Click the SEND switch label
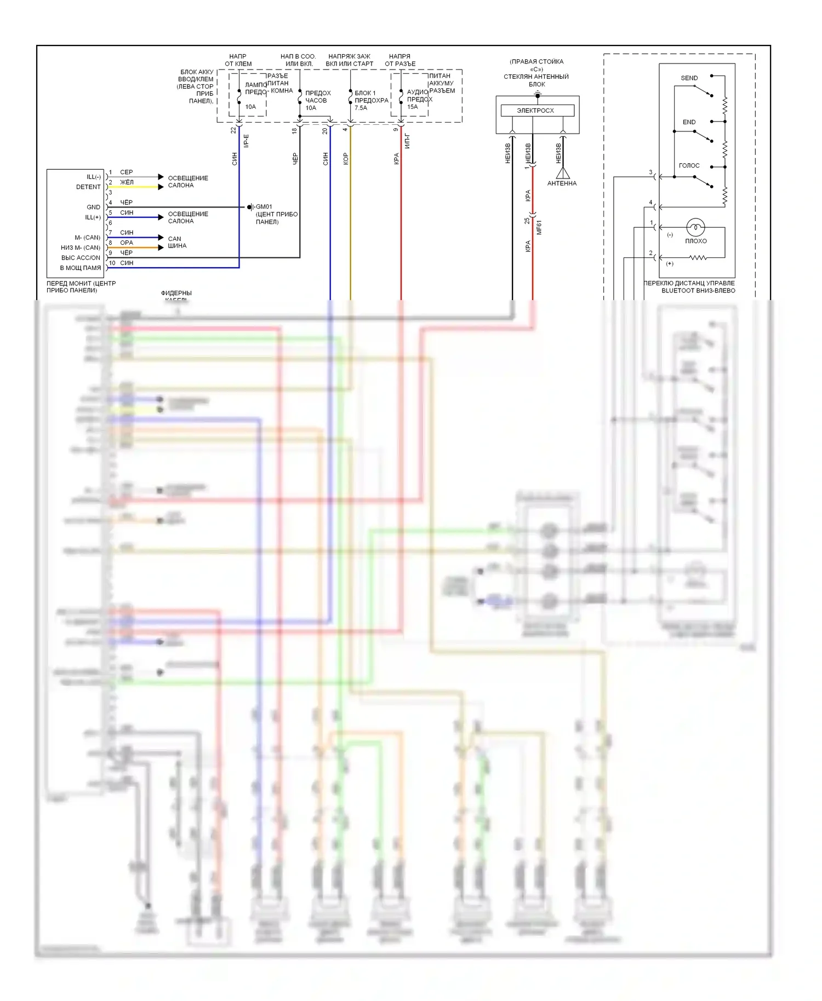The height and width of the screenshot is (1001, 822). [689, 78]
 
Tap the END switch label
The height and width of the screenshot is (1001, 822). [689, 122]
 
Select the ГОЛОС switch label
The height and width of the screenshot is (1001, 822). [689, 165]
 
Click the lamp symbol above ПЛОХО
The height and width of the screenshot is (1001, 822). [695, 227]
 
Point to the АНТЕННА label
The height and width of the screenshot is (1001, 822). [562, 183]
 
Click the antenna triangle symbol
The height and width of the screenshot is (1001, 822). [563, 173]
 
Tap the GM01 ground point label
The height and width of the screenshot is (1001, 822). [264, 207]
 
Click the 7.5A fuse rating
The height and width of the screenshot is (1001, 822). [361, 108]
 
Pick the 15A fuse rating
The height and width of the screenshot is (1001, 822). [413, 107]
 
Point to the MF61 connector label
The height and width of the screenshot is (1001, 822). [539, 227]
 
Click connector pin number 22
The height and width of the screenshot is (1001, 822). [233, 130]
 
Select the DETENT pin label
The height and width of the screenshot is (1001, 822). [88, 187]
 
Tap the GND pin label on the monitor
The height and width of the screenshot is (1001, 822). [93, 207]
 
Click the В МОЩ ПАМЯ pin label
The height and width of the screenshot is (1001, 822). [81, 268]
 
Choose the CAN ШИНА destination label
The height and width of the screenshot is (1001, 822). [176, 242]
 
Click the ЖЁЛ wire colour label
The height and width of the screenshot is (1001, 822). [127, 182]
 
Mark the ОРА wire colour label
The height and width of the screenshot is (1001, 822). [127, 243]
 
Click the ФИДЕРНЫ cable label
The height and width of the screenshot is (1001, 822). [176, 294]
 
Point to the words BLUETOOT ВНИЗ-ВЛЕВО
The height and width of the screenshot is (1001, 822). [698, 291]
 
